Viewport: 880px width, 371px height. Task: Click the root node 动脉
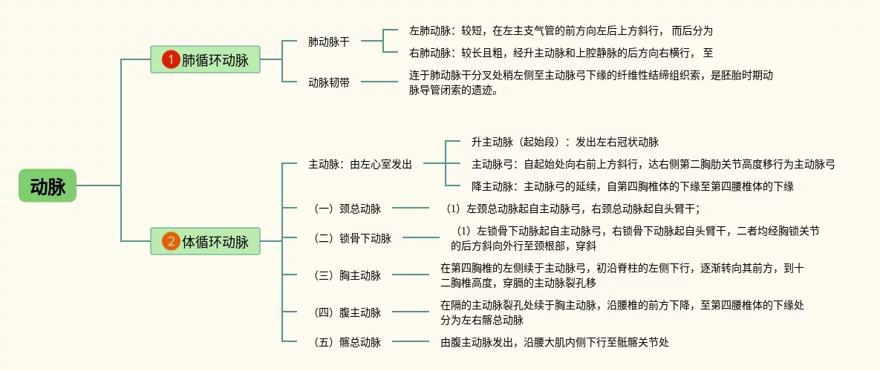[x=48, y=185]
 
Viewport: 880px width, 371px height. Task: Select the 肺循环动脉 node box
[x=205, y=60]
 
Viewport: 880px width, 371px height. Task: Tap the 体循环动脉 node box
[x=205, y=241]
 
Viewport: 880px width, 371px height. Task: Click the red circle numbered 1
[x=172, y=60]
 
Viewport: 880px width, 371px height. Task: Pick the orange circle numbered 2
[x=172, y=241]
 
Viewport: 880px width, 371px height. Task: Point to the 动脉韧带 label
[x=328, y=83]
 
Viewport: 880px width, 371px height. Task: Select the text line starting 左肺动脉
[x=561, y=31]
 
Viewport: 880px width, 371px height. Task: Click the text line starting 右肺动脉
[x=561, y=53]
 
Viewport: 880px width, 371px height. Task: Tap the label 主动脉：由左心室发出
[x=360, y=164]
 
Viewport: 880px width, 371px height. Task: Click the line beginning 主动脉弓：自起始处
[x=653, y=164]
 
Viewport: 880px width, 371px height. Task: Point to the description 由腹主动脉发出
[x=555, y=342]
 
